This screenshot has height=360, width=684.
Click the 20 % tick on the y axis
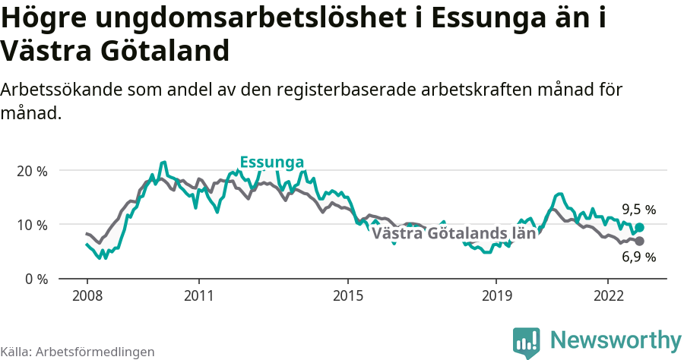tap(32, 171)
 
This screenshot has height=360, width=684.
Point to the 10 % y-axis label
tap(32, 225)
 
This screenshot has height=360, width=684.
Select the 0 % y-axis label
tap(35, 279)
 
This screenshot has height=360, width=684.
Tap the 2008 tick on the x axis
tap(87, 295)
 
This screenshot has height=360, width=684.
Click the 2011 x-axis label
tap(198, 295)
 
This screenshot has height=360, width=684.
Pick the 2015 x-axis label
tap(347, 295)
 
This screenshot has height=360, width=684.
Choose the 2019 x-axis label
tap(496, 295)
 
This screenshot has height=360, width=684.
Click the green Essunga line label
tap(272, 163)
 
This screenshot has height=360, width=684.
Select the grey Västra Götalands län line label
tap(454, 233)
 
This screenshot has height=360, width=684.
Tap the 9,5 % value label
tap(638, 210)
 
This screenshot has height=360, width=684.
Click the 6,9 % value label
tap(638, 257)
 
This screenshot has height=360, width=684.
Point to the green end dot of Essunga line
tap(639, 227)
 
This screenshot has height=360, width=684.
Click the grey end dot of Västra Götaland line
tap(639, 241)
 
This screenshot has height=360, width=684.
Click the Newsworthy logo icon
tap(527, 341)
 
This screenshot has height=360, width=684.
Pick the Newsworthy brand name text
tap(616, 339)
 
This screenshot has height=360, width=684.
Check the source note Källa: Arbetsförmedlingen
tap(78, 352)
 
